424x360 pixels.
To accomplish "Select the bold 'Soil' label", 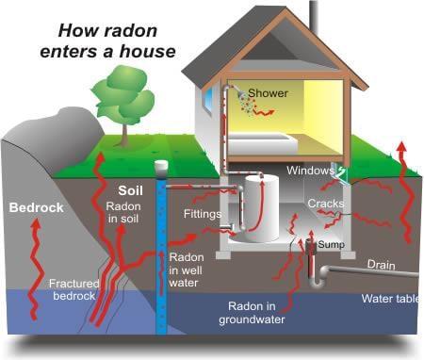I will [x=129, y=188].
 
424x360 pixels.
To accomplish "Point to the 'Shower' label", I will [x=268, y=93].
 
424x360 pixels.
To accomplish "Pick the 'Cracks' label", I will [x=325, y=204].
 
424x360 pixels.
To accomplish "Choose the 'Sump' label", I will [x=329, y=244].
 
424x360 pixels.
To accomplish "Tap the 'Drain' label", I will [x=381, y=264].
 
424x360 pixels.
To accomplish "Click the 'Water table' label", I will [x=391, y=299].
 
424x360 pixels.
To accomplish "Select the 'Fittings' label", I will [x=202, y=215].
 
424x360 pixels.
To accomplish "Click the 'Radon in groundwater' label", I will [x=269, y=312].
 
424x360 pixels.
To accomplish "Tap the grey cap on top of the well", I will [x=161, y=166].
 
